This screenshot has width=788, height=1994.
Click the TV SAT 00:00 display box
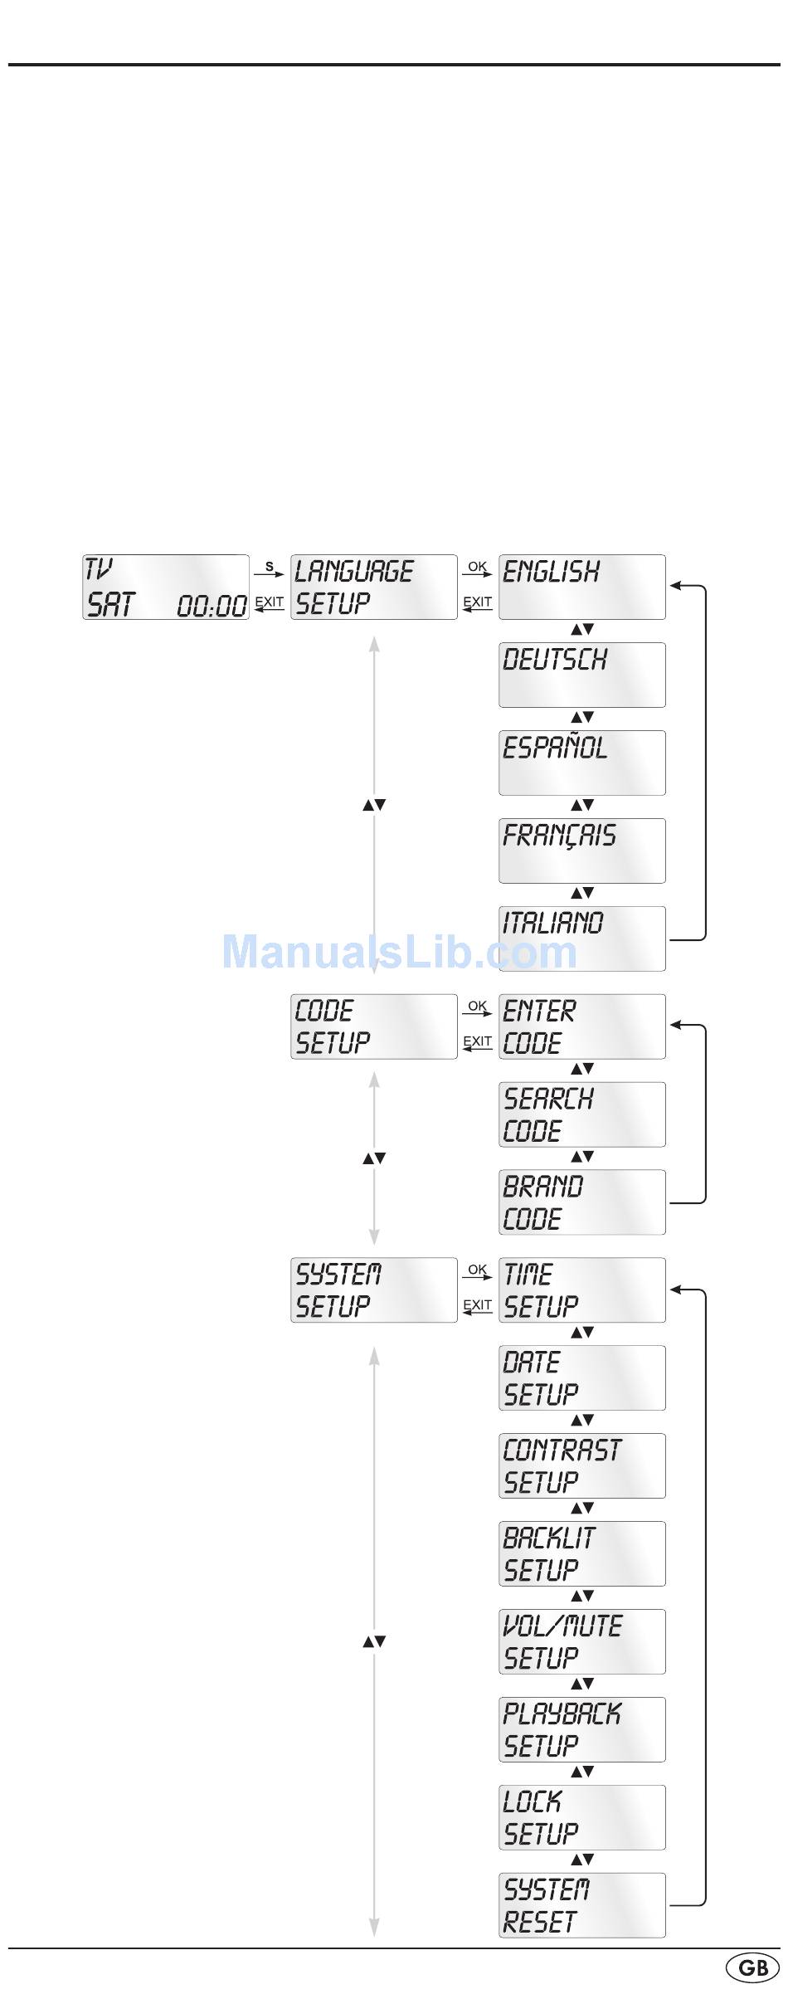coord(166,587)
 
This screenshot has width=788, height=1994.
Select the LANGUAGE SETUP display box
coord(373,587)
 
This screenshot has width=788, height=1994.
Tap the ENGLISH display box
coord(581,587)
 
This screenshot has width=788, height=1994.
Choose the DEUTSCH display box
coord(581,675)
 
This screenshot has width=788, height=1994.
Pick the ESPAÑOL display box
coord(581,763)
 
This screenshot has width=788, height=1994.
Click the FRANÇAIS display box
coord(581,851)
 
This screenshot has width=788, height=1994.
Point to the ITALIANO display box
coord(581,938)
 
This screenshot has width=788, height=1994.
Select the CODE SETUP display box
coord(373,1026)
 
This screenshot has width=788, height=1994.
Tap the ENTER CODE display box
coord(581,1026)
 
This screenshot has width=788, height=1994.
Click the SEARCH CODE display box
coord(581,1114)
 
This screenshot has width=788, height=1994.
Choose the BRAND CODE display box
coord(581,1202)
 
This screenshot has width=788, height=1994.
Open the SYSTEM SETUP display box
coord(373,1290)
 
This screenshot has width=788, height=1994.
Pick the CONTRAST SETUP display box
coord(581,1466)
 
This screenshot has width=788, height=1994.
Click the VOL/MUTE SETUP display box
coord(581,1642)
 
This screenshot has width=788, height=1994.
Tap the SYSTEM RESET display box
coord(581,1906)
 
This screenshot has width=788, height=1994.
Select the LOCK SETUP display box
coord(581,1818)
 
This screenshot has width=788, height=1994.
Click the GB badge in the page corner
coord(752,1968)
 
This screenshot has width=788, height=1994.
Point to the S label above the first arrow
coord(269,567)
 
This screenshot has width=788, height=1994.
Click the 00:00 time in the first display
coord(212,607)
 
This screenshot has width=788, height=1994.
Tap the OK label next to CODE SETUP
coord(477,1006)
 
